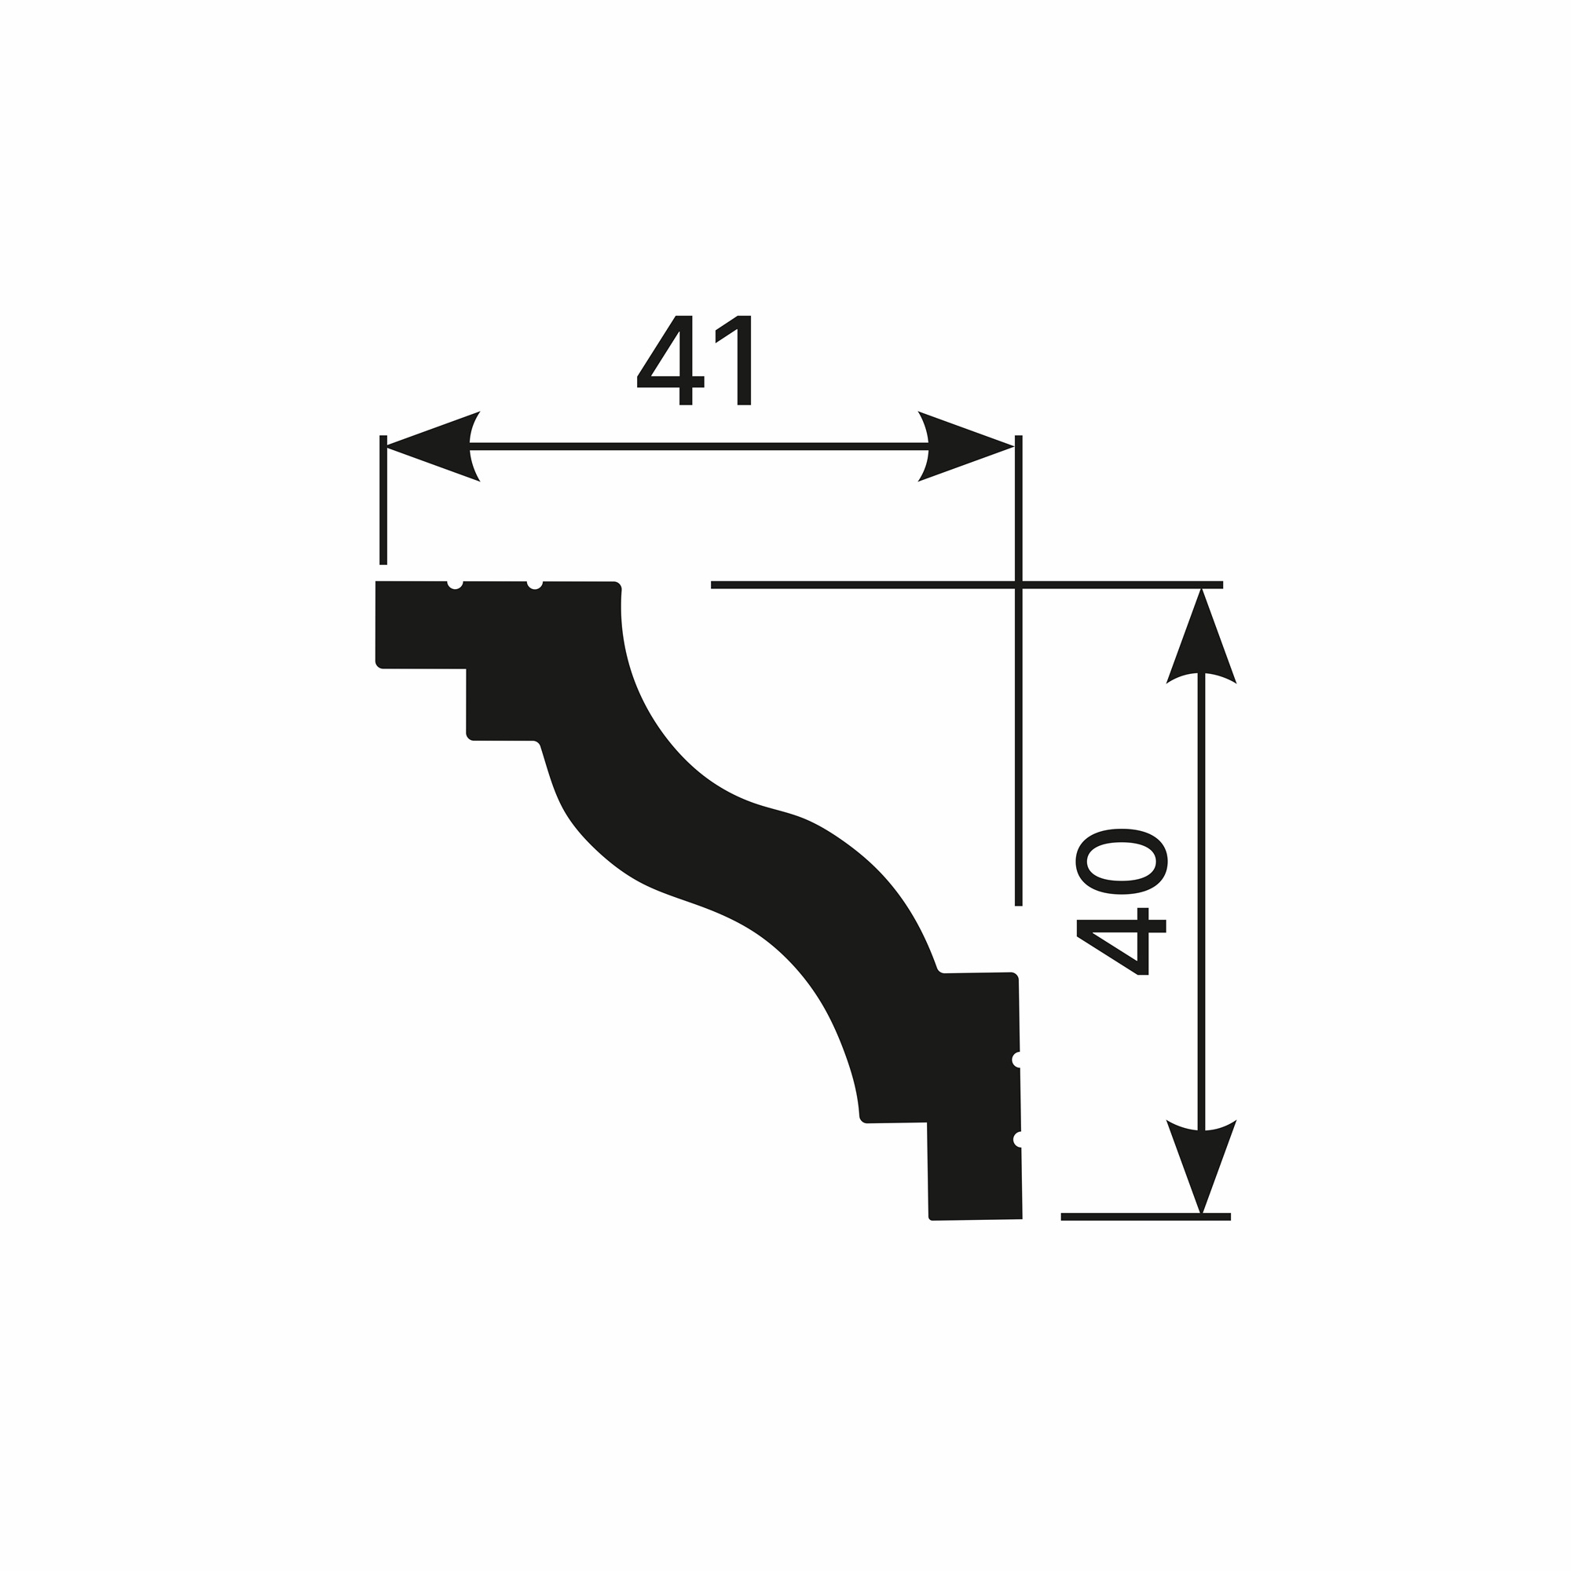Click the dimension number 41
click(x=694, y=361)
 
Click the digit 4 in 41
click(x=670, y=361)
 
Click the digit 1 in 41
click(x=734, y=361)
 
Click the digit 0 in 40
click(x=1122, y=861)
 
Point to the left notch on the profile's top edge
click(x=455, y=584)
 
